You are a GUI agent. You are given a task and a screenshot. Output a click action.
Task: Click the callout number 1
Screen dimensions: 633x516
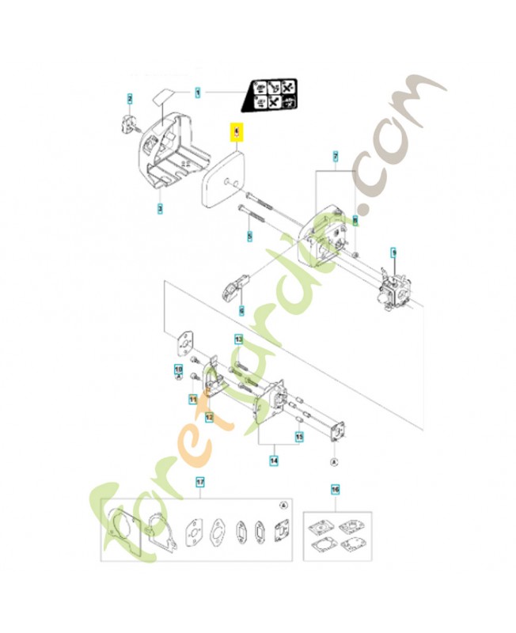[x=198, y=93]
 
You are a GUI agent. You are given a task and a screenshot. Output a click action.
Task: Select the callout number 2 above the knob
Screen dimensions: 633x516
[x=130, y=98]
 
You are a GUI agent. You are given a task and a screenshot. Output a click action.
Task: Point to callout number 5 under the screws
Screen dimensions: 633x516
[x=249, y=236]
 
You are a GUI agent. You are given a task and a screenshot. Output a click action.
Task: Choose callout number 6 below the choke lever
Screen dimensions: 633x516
[x=242, y=310]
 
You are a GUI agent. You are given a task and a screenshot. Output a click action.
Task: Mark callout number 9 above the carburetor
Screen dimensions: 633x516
[x=393, y=252]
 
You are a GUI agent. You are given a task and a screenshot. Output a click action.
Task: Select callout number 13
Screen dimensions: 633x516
[x=237, y=339]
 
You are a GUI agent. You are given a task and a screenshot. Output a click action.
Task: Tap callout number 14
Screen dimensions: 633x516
[x=273, y=457]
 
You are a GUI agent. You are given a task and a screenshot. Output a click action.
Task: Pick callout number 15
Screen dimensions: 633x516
[x=299, y=436]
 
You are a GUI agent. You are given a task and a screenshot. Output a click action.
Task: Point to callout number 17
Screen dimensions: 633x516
[x=200, y=481]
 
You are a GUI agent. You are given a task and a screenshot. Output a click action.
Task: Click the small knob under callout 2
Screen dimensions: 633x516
[x=130, y=123]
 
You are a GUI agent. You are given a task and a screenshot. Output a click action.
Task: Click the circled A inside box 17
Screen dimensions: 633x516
[x=283, y=505]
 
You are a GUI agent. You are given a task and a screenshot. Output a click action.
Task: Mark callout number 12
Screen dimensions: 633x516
[x=209, y=416]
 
